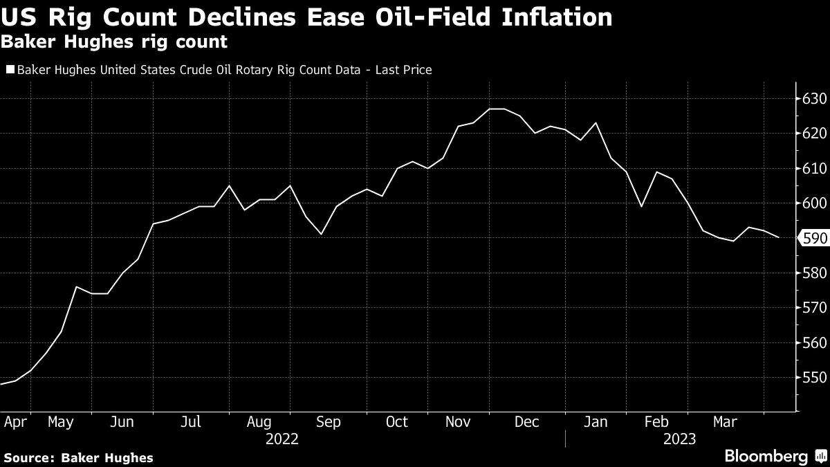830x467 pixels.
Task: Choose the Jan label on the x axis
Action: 596,422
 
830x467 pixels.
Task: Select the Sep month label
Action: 328,422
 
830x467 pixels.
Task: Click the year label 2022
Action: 282,439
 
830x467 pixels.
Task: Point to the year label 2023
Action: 679,439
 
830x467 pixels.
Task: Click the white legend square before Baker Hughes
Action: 10,70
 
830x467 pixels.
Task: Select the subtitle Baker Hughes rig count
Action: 115,42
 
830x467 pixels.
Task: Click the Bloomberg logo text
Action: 765,456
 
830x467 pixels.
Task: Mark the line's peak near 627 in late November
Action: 496,109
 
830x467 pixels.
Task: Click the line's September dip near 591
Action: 321,234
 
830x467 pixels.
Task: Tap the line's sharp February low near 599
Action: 641,206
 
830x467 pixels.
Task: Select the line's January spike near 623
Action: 596,123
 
